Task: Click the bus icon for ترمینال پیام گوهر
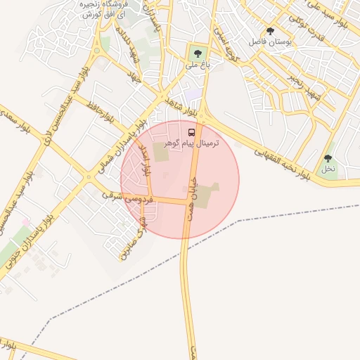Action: tap(192, 132)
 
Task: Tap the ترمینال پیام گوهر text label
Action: tap(191, 143)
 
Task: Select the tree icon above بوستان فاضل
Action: tap(271, 31)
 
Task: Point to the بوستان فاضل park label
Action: tap(270, 42)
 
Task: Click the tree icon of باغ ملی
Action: tap(197, 53)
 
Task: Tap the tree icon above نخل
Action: tap(328, 159)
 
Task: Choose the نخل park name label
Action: tap(328, 169)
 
